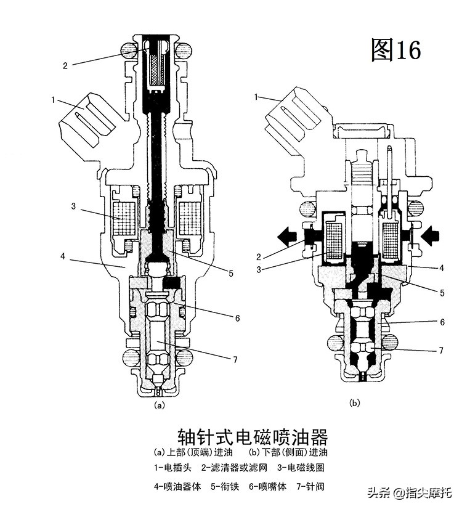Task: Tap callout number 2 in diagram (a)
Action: [65, 65]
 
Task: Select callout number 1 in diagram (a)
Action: [54, 99]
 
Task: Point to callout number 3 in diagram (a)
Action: [73, 206]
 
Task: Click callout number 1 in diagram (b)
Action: [257, 97]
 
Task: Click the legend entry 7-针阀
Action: [310, 486]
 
